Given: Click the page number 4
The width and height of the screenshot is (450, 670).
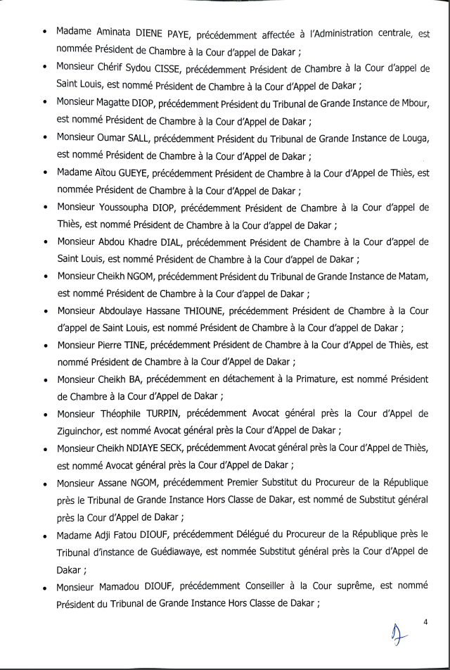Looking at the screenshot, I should [x=426, y=621].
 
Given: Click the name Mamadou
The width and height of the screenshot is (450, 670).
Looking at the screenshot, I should [x=124, y=586].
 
